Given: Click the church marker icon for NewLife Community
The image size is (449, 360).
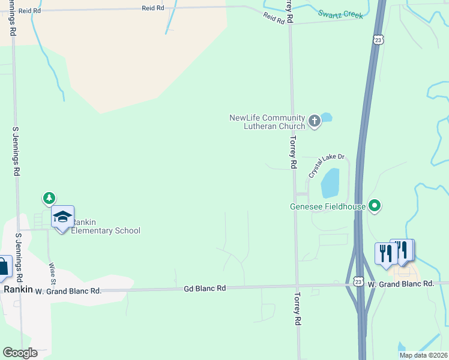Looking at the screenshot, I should (314, 122).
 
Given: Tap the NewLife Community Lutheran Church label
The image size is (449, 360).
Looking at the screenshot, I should (268, 122).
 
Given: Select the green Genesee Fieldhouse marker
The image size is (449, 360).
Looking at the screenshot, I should (375, 206).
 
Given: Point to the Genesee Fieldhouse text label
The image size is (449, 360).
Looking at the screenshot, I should (328, 207).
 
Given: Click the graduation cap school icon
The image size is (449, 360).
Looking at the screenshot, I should (62, 216).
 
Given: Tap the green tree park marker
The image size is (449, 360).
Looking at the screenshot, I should (49, 197).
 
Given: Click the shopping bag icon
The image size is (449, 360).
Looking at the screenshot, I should (3, 266).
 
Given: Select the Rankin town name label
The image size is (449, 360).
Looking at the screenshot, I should (17, 289).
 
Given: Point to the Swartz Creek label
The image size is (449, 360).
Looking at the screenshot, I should (340, 14).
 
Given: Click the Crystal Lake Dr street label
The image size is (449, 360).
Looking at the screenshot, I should (327, 165).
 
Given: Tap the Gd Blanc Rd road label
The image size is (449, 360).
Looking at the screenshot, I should (205, 289).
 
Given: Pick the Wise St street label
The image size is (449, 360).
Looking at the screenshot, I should (52, 273).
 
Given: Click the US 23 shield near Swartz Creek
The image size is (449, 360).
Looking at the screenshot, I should (377, 40).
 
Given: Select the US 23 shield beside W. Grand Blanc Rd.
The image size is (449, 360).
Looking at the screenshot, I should (358, 281).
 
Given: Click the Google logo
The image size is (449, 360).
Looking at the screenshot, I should (20, 353).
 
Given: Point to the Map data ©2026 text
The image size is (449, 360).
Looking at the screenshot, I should (423, 355).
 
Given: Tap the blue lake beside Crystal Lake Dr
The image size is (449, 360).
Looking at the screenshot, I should (330, 183).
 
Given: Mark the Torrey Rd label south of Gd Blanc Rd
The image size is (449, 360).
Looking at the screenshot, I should (297, 310).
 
